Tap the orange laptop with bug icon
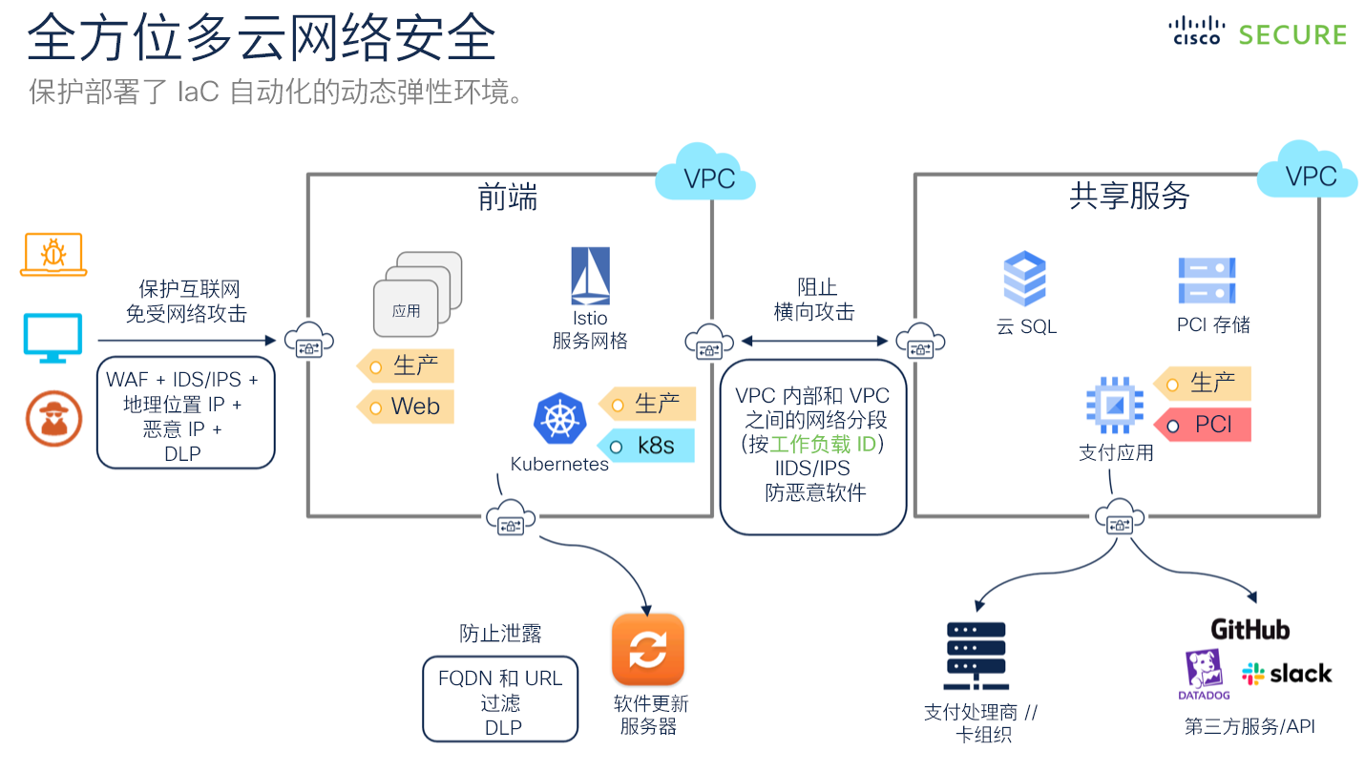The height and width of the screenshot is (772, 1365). coord(53,255)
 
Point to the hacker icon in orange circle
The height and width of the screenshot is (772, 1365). coord(53,418)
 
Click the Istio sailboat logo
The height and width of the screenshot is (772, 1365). coord(590,277)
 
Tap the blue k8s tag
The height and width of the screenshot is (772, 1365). coord(648,446)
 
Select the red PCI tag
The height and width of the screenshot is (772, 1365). coord(1204,425)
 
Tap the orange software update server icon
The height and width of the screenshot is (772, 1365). coord(648,650)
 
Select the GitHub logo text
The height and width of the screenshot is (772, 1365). coord(1249,630)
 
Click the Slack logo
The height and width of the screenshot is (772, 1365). coord(1286,674)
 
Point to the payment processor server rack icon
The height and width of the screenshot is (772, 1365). coord(975,657)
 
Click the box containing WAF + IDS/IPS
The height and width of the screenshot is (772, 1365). coord(185,412)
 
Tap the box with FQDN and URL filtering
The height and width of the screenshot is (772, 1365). coord(500,699)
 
